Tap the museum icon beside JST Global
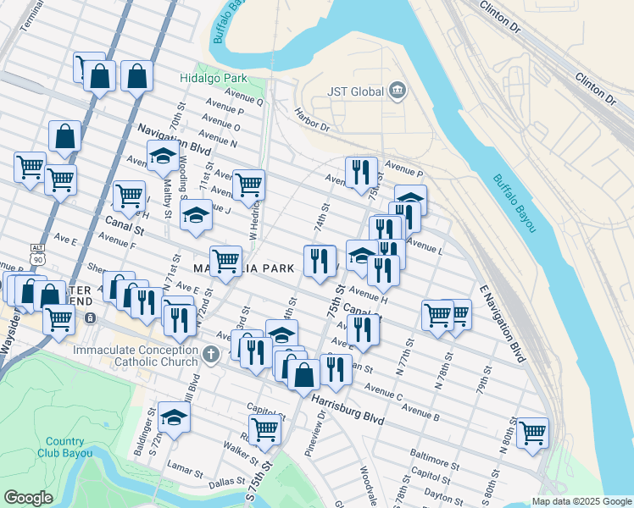[x=397, y=91]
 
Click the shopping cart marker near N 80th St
[x=532, y=433]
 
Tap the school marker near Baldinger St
[x=174, y=417]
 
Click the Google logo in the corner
[x=29, y=497]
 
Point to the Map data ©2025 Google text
[x=581, y=501]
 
